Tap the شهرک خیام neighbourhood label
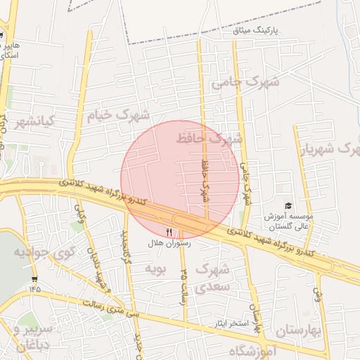[x=118, y=115]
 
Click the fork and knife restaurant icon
[x=169, y=231]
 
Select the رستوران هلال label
[x=169, y=243]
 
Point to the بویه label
[x=154, y=268]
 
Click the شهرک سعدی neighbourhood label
[x=212, y=277]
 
